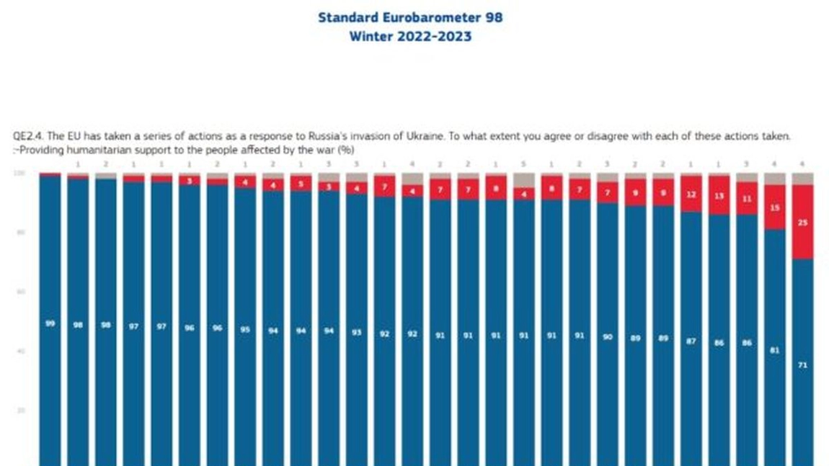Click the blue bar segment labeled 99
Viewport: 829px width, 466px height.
pyautogui.click(x=50, y=324)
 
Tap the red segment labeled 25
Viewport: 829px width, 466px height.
pyautogui.click(x=802, y=222)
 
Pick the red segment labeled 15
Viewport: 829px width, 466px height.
pyautogui.click(x=775, y=207)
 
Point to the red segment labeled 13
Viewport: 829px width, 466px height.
pyautogui.click(x=719, y=194)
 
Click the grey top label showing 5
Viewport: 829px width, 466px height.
pyautogui.click(x=524, y=164)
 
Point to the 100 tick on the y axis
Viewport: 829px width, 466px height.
pyautogui.click(x=22, y=174)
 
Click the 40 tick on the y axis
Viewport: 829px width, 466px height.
pyautogui.click(x=22, y=351)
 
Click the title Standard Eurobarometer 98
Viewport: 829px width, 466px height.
pyautogui.click(x=410, y=17)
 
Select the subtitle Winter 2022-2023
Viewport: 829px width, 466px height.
pyautogui.click(x=410, y=36)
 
